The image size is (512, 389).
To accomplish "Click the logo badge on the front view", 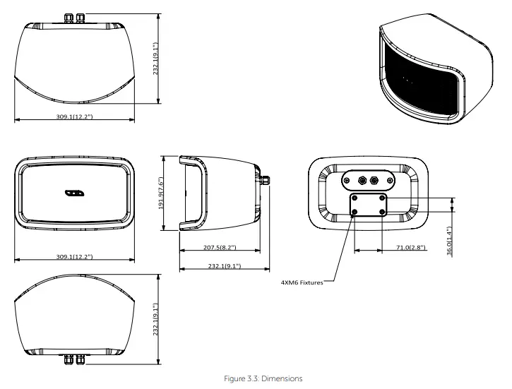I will (74, 193).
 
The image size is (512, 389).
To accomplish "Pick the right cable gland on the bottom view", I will (79, 359).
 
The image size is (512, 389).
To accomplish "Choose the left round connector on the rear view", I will (360, 179).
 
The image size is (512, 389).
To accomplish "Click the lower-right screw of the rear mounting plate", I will (381, 211).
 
